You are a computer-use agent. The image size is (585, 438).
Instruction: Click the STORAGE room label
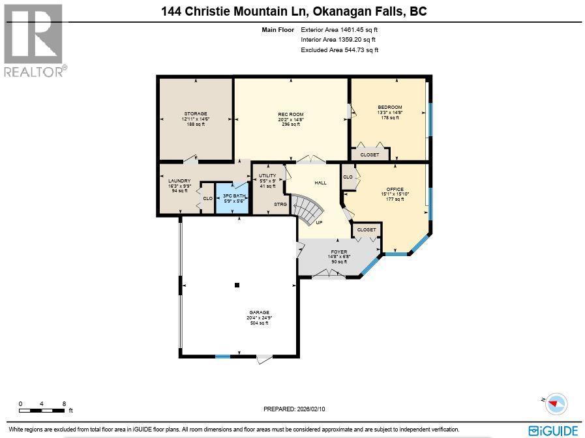[x=195, y=113]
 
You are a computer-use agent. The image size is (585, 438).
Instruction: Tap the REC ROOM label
[x=291, y=114]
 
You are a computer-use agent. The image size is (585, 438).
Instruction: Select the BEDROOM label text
[x=390, y=107]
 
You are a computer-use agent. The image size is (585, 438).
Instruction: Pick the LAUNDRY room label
[x=179, y=181]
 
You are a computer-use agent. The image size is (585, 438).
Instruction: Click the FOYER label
[x=338, y=251]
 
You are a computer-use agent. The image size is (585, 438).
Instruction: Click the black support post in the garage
[x=237, y=285]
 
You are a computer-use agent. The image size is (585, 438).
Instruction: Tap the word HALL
[x=320, y=183]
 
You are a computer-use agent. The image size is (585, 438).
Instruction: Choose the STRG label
[x=280, y=204]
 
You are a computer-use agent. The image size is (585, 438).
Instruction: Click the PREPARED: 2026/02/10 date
[x=294, y=409]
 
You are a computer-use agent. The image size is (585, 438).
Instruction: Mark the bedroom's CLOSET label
[x=370, y=154]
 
